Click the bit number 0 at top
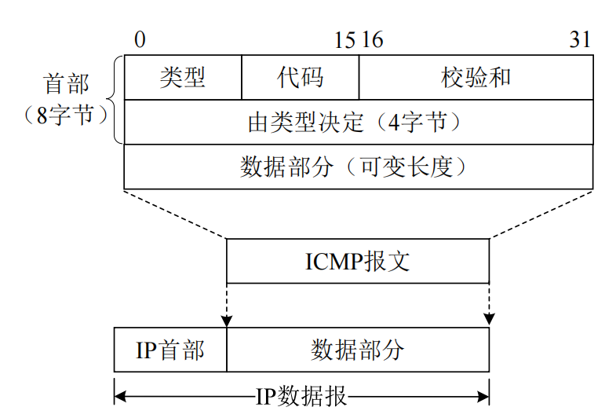[139, 40]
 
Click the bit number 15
[344, 40]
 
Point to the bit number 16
[372, 40]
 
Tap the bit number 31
[580, 40]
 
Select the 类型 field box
[183, 78]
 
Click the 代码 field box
[300, 78]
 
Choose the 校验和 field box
[476, 78]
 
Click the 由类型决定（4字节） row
[358, 123]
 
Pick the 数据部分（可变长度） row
[358, 167]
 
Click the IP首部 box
[170, 350]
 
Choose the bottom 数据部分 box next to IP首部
[357, 350]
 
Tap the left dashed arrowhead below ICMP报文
[227, 320]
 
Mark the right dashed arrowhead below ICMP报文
[489, 320]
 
